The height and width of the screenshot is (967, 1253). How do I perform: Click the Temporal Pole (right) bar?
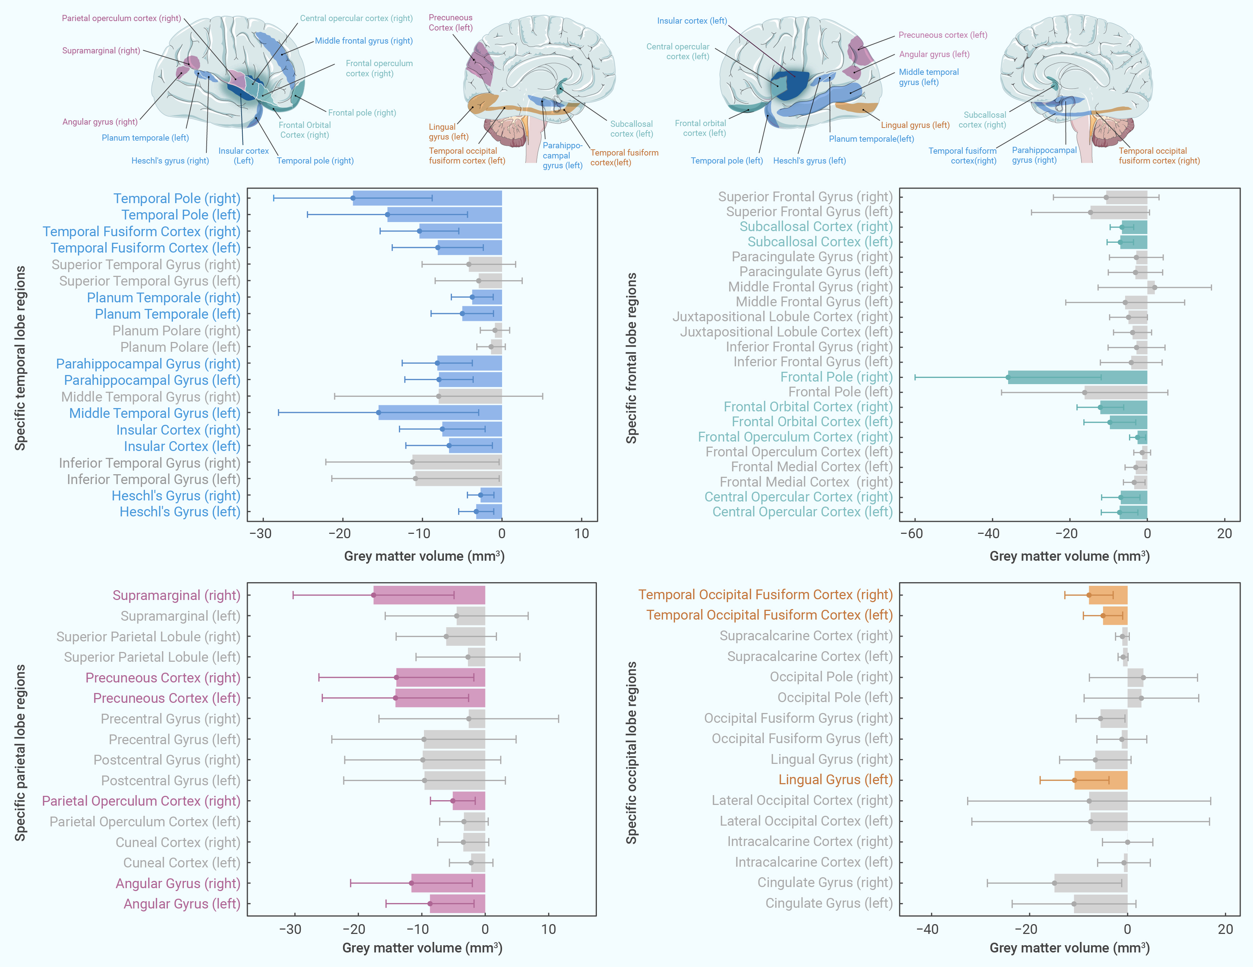tap(428, 198)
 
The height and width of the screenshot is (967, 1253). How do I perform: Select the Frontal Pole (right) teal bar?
tap(1078, 377)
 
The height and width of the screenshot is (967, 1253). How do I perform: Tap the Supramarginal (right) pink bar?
tap(429, 595)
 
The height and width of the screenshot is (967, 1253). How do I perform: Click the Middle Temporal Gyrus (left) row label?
tap(155, 413)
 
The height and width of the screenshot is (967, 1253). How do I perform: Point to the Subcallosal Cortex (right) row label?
tap(816, 227)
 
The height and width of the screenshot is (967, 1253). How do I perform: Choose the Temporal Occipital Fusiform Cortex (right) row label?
tap(766, 595)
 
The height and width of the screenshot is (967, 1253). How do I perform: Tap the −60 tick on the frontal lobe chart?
tap(911, 534)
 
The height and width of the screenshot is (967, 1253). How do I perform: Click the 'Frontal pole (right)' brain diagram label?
tap(362, 113)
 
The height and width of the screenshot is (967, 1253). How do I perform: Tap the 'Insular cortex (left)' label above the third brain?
tap(692, 21)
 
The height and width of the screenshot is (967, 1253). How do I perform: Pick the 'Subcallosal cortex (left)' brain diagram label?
tap(632, 129)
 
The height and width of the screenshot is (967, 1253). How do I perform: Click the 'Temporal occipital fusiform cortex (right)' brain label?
tap(1159, 156)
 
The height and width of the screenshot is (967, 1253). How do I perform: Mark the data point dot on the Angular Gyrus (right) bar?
tap(411, 883)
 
